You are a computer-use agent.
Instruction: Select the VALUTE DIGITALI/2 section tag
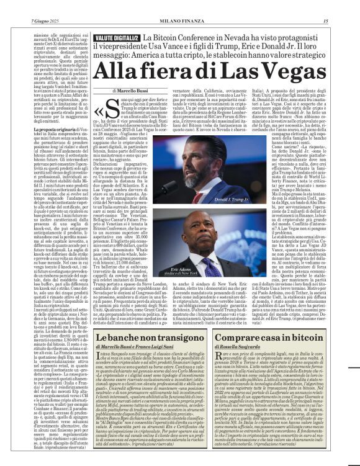[x=117, y=38]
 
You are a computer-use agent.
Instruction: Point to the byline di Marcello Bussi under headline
[x=132, y=91]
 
